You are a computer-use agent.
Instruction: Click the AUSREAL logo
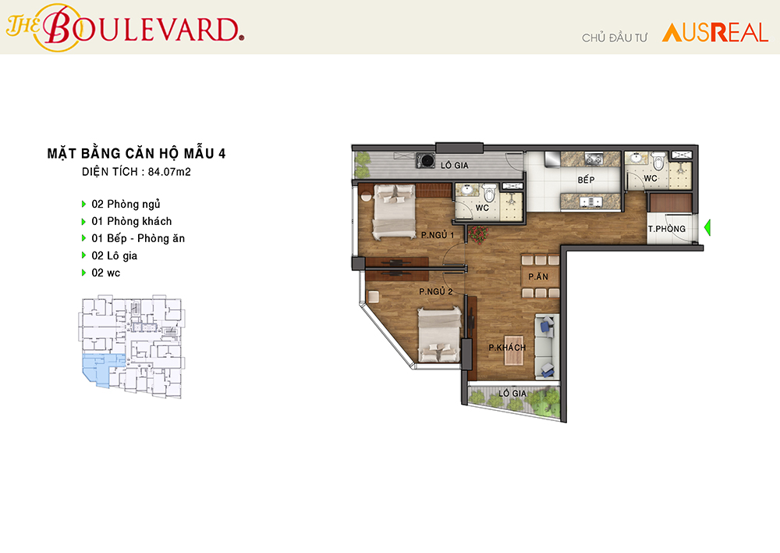click(x=714, y=33)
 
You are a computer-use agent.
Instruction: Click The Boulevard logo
click(x=125, y=27)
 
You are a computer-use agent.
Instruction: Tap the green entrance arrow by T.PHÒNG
click(x=707, y=227)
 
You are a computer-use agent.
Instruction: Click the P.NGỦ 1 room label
click(x=438, y=234)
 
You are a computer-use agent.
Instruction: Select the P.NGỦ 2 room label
click(x=436, y=291)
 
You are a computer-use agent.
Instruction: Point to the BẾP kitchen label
click(x=586, y=180)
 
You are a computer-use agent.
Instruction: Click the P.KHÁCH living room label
click(x=507, y=348)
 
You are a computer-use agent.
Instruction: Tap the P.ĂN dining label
click(x=537, y=276)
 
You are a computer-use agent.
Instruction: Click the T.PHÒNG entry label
click(x=667, y=229)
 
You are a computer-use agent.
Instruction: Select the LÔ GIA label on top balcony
click(x=454, y=165)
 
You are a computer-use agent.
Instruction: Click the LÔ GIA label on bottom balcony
click(x=512, y=393)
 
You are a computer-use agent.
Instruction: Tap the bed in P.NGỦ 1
click(x=394, y=211)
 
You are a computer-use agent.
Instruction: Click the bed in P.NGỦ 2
click(x=440, y=335)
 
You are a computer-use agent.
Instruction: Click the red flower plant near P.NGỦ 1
click(x=477, y=234)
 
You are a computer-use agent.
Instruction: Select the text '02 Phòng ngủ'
click(x=126, y=205)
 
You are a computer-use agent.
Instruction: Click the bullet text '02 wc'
click(x=106, y=273)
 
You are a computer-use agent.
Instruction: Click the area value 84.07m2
click(x=169, y=172)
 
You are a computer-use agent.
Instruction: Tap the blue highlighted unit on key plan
click(x=101, y=369)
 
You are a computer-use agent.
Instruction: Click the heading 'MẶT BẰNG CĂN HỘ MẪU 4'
click(x=136, y=153)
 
